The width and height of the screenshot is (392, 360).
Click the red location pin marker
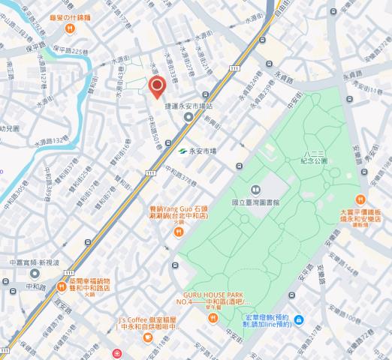(x=157, y=87)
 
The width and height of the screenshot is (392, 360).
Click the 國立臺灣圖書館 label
(x=255, y=202)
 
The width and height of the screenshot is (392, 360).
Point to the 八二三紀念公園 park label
(x=315, y=156)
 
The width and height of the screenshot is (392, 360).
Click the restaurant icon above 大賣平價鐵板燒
(x=359, y=199)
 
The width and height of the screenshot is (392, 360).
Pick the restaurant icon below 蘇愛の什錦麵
(x=69, y=28)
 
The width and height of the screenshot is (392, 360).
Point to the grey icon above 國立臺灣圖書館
(x=255, y=188)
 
